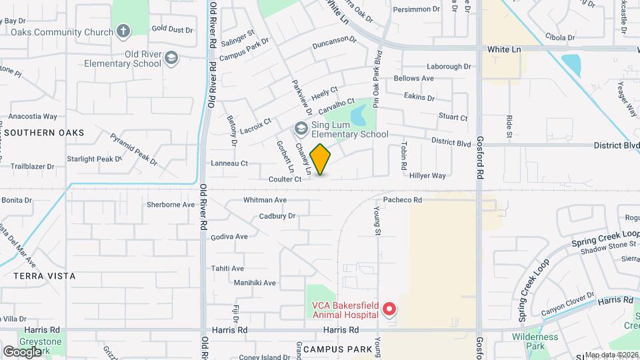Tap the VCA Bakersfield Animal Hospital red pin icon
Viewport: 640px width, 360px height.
point(389,310)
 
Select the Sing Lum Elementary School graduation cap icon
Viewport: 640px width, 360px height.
point(301,128)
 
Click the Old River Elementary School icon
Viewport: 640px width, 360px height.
point(171,58)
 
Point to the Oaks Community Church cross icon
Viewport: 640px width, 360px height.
point(122,31)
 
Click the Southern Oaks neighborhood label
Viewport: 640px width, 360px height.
point(45,133)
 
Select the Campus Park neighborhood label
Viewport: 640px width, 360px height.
point(337,349)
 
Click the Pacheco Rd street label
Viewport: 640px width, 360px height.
point(403,199)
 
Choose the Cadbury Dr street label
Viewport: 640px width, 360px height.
point(277,216)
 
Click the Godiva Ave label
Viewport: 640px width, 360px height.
point(229,237)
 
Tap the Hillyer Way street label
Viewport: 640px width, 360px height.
point(427,176)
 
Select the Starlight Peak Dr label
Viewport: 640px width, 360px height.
point(94,159)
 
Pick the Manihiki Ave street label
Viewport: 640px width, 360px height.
point(255,283)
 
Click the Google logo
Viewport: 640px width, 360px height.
point(22,351)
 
